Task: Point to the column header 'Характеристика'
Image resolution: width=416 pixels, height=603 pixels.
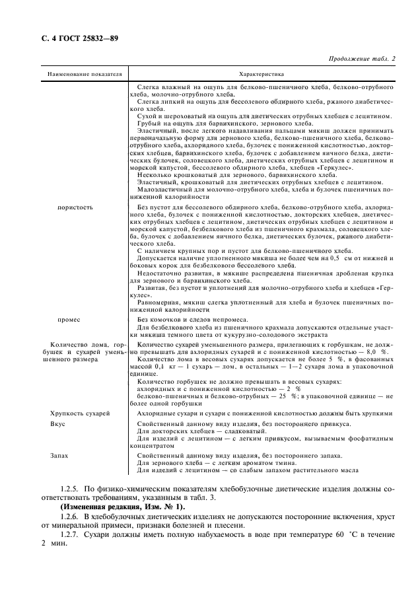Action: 261,75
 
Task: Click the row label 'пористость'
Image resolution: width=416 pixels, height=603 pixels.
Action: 76,207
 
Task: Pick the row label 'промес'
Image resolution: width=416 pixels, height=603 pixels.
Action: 69,320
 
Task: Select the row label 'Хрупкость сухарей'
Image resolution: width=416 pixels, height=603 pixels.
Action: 80,412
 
